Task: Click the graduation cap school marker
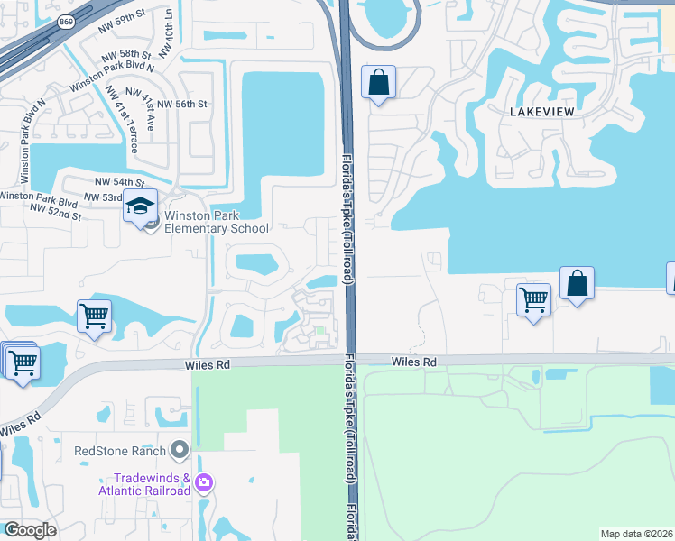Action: tap(140, 206)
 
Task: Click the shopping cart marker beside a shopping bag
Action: tap(534, 299)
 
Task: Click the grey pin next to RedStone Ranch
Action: tap(180, 449)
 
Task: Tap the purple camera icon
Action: tap(203, 483)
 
